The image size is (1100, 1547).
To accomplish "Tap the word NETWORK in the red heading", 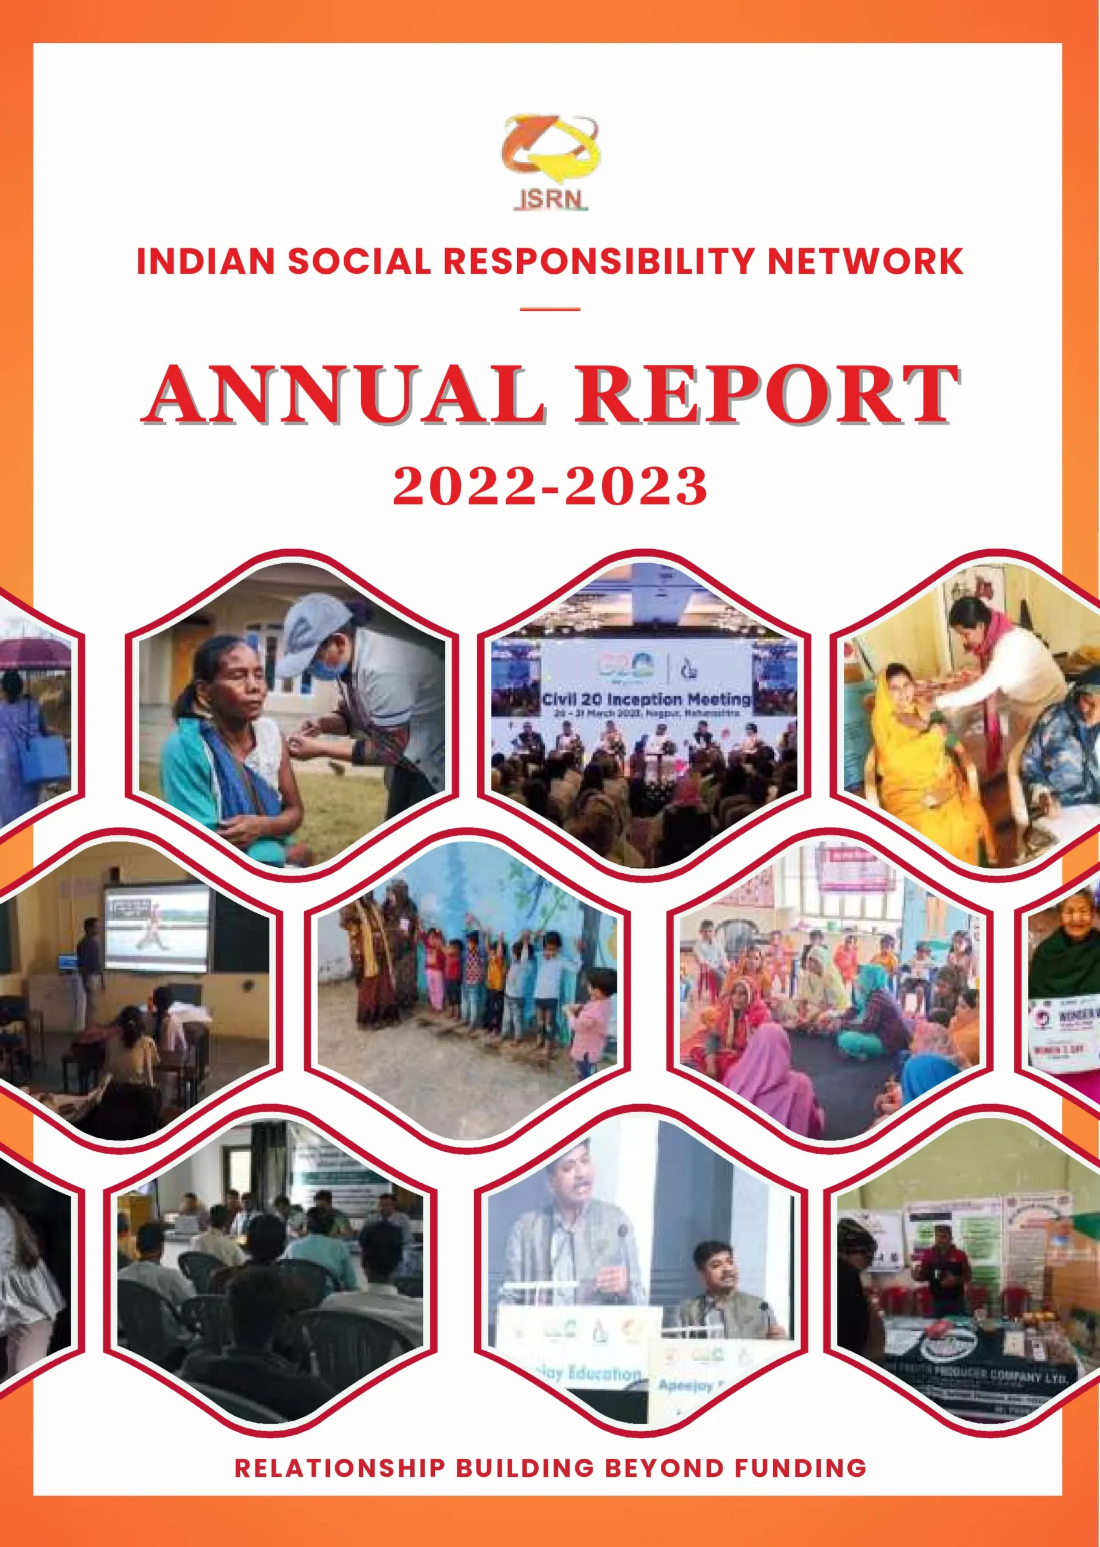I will (x=865, y=262).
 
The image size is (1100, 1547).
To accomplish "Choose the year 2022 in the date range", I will (x=464, y=486).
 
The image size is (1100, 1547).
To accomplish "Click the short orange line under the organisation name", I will (x=550, y=309).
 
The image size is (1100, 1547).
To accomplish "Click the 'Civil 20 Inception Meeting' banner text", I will (x=646, y=699).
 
